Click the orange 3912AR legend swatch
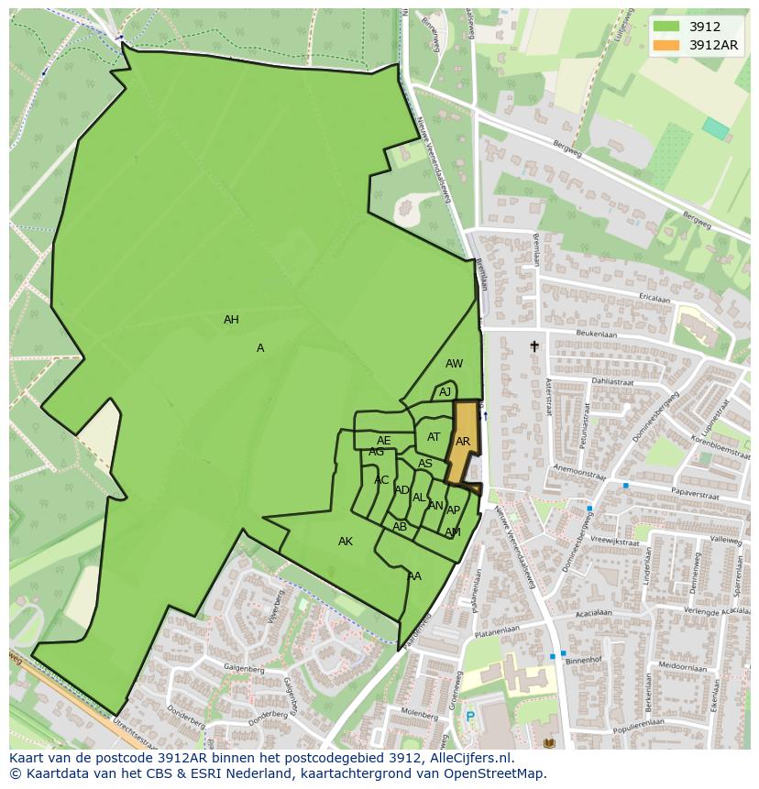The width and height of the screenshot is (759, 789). [x=667, y=45]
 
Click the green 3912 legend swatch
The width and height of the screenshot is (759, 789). [x=667, y=27]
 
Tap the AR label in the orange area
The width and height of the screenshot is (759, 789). [x=463, y=442]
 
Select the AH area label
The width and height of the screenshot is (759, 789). [x=231, y=320]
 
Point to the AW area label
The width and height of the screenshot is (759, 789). [x=454, y=364]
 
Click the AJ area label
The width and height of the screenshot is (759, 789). [x=445, y=392]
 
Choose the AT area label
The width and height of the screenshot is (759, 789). [x=434, y=437]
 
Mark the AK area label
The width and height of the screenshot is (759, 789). [x=346, y=542]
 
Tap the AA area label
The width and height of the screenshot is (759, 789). [x=414, y=576]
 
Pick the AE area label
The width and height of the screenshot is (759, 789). [x=383, y=441]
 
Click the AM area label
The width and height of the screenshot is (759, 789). [x=453, y=532]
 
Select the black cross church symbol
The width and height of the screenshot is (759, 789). [x=534, y=346]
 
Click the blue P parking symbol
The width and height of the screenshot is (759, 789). [x=470, y=717]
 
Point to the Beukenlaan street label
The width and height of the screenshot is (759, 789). [x=597, y=335]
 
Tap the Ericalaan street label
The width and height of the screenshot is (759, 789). [x=654, y=298]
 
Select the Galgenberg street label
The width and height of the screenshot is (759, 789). [x=243, y=670]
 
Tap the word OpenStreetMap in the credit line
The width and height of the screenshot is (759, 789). [x=496, y=773]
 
